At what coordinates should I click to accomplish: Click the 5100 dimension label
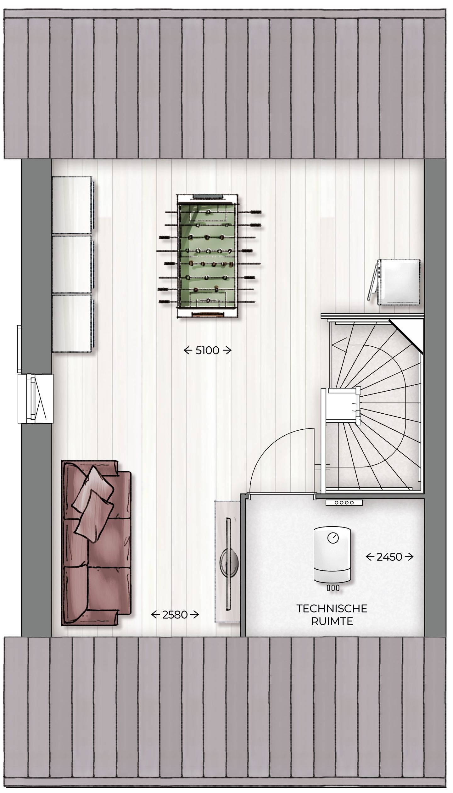point(207,350)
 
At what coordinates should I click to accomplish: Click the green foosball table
point(207,256)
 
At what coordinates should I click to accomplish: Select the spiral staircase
point(374,406)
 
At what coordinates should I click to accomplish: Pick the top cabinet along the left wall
point(72,205)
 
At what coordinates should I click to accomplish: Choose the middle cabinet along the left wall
point(72,264)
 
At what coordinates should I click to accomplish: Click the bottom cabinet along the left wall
point(72,323)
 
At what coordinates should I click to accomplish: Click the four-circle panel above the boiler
point(344,502)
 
